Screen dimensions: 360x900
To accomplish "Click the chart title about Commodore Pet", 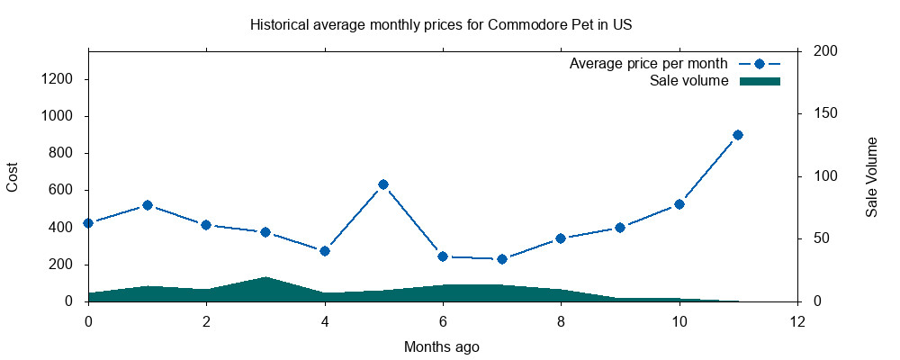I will [x=440, y=24].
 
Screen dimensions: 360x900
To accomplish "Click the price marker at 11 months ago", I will [x=738, y=135].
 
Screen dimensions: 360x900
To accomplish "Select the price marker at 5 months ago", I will [x=383, y=184].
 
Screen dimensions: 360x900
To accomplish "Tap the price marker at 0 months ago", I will [x=88, y=223].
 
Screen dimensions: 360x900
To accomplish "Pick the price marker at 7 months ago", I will [x=502, y=259].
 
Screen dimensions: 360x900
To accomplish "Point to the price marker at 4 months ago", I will [x=325, y=251].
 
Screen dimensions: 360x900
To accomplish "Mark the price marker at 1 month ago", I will [x=148, y=205].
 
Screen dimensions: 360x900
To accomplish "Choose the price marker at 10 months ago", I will [x=679, y=204].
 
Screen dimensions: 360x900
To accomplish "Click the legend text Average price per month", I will [x=648, y=64].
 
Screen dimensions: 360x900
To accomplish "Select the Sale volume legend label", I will [x=688, y=81].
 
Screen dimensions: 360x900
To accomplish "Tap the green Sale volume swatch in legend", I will [x=760, y=81].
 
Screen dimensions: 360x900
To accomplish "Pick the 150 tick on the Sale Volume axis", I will [x=824, y=113].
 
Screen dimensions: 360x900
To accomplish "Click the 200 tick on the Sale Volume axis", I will [x=824, y=51].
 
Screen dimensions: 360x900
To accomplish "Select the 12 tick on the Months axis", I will [x=797, y=321].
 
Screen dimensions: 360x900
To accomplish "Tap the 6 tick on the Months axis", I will [x=443, y=321].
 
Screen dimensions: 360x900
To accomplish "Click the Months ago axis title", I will [x=442, y=346].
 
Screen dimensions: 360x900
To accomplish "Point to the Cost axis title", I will [x=13, y=176].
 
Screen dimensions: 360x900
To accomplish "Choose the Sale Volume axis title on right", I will [x=871, y=176].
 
